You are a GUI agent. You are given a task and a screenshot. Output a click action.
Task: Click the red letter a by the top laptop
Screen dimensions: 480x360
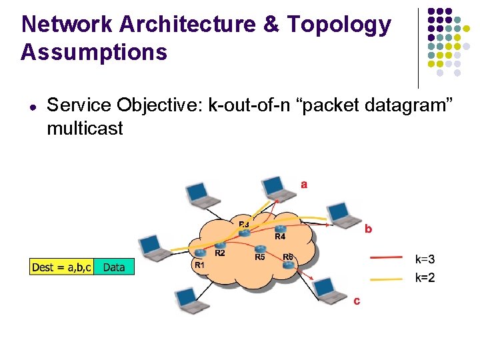[x=304, y=184]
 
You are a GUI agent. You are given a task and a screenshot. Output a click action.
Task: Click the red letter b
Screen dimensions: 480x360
[x=367, y=229]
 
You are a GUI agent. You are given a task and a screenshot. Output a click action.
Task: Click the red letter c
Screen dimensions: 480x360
[x=357, y=301]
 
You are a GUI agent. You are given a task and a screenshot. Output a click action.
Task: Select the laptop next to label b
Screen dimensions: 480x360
[x=344, y=214]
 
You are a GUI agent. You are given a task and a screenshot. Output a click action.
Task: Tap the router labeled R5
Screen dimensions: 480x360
[x=260, y=248]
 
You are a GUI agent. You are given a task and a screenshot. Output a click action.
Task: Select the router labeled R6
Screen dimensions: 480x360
[x=288, y=265]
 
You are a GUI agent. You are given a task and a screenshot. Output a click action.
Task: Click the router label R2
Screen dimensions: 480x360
[x=219, y=253]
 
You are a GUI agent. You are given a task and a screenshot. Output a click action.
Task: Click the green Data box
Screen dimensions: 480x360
[x=114, y=267]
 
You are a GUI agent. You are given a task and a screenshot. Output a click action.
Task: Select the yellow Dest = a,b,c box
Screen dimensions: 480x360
[x=62, y=267]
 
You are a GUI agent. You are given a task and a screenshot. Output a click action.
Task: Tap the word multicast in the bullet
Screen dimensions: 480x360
[x=85, y=128]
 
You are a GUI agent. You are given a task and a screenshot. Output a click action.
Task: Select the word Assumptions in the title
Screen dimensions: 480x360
[x=94, y=51]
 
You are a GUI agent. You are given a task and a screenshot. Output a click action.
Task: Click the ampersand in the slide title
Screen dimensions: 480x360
[x=271, y=24]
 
